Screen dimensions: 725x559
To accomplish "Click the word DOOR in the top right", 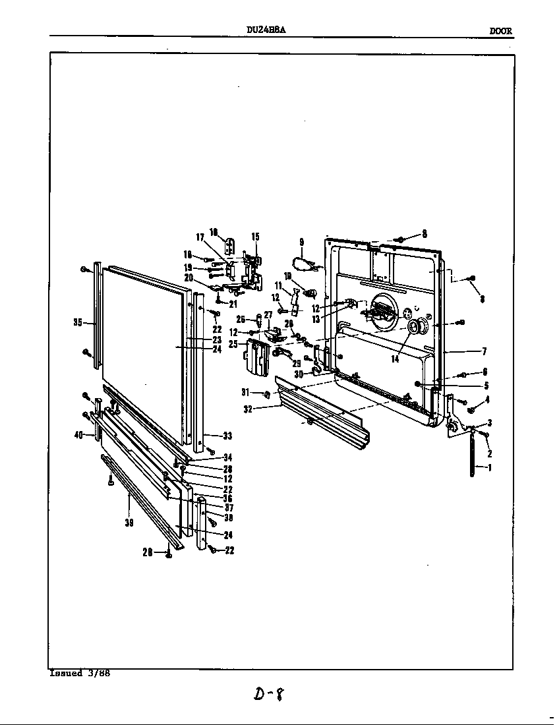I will coord(500,31).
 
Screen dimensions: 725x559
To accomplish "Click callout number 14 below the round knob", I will coord(395,359).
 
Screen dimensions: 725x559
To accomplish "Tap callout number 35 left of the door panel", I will coord(77,322).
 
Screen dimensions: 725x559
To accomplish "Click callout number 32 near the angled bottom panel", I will coord(248,409).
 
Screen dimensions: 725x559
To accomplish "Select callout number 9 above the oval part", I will coord(301,242).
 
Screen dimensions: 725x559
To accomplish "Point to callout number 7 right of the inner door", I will coord(484,351).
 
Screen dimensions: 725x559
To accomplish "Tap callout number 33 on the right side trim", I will coord(227,436).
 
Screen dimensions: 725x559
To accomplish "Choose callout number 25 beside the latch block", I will coord(233,344).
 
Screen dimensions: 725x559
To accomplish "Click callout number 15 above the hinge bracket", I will coord(255,237).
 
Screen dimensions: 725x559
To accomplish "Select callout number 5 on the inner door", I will coord(486,386).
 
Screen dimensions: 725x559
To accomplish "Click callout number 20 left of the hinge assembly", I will coord(189,277).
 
